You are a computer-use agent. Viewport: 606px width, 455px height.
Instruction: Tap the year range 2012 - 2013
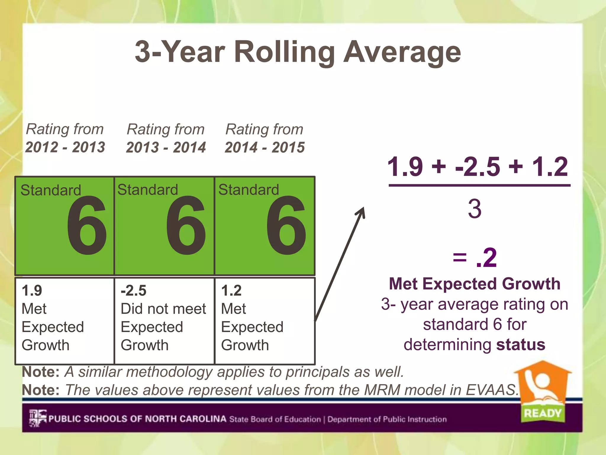click(x=65, y=147)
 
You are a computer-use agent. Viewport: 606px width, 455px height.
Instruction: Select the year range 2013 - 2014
click(x=166, y=147)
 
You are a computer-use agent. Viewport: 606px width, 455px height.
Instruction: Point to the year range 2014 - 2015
click(x=265, y=147)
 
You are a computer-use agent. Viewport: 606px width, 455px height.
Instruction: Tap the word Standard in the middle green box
click(x=148, y=190)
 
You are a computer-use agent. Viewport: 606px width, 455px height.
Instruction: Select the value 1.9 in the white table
click(x=32, y=290)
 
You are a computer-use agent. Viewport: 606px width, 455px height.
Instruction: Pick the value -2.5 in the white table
click(x=133, y=290)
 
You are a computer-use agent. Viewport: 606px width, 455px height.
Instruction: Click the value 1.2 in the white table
click(x=231, y=290)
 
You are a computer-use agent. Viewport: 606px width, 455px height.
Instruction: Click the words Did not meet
click(x=163, y=309)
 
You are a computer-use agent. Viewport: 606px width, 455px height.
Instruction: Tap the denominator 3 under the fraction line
click(x=475, y=209)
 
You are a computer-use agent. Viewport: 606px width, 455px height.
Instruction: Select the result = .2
click(x=475, y=258)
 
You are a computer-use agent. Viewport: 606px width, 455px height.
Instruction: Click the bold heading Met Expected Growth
click(x=475, y=284)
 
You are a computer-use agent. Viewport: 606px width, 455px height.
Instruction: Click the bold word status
click(x=521, y=345)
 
